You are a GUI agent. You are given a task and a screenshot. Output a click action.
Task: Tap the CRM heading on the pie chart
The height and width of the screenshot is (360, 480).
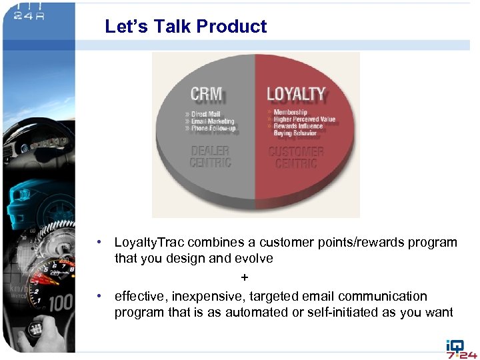click(206, 95)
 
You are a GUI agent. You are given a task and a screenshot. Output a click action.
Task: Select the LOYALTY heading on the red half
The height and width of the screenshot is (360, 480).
click(296, 95)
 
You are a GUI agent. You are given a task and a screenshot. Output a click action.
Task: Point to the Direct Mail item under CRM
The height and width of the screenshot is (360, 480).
click(205, 114)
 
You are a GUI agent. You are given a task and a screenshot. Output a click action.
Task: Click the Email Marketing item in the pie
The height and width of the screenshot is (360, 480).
click(212, 121)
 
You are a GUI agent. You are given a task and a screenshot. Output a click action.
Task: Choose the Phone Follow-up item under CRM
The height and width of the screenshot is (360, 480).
click(213, 129)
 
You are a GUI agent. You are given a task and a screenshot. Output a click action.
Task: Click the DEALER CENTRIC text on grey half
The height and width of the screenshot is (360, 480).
click(211, 157)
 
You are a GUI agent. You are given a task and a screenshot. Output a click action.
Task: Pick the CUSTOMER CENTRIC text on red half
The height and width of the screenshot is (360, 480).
click(296, 157)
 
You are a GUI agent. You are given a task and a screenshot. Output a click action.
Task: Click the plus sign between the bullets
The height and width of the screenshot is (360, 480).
click(245, 277)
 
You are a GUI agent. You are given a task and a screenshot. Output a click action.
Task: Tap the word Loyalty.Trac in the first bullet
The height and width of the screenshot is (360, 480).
click(149, 242)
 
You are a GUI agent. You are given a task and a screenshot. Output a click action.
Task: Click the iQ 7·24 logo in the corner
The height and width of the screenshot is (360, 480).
click(461, 349)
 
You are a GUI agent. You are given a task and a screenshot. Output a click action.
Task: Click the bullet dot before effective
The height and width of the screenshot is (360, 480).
click(99, 296)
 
